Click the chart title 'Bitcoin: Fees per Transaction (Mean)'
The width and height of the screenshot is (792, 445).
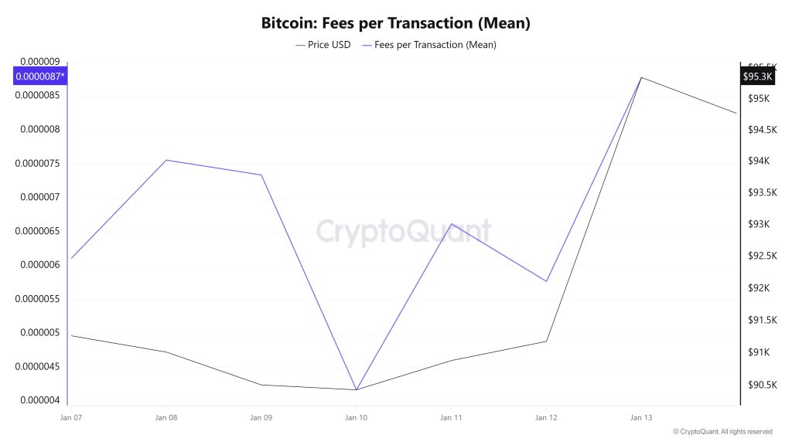coord(396,23)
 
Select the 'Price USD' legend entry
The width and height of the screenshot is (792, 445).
coord(323,45)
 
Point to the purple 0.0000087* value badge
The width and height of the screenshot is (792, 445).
coord(40,76)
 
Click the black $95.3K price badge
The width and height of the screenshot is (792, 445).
coord(757,76)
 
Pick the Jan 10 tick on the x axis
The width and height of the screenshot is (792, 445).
coord(356,418)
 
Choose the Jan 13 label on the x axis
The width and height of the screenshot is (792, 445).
coord(641,418)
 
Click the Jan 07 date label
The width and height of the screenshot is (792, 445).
coord(70,418)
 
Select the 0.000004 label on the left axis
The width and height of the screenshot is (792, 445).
coord(40,400)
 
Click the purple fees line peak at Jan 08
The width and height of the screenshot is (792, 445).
coord(166,160)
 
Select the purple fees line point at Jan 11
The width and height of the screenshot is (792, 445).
coord(451,224)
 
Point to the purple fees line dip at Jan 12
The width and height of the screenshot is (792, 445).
coord(546,281)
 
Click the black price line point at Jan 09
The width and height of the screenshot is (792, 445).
coord(261,385)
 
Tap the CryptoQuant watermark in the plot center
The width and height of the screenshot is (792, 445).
coord(403,230)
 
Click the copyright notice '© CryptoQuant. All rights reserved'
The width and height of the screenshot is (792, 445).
coord(722,432)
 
